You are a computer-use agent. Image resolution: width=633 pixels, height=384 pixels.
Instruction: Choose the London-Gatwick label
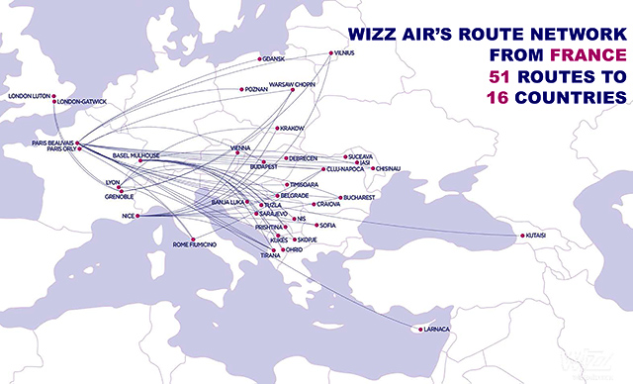tap(82, 102)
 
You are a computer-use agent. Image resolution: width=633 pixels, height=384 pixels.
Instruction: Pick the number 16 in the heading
tap(493, 98)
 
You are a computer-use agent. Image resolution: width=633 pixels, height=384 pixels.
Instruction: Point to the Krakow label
tap(293, 128)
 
